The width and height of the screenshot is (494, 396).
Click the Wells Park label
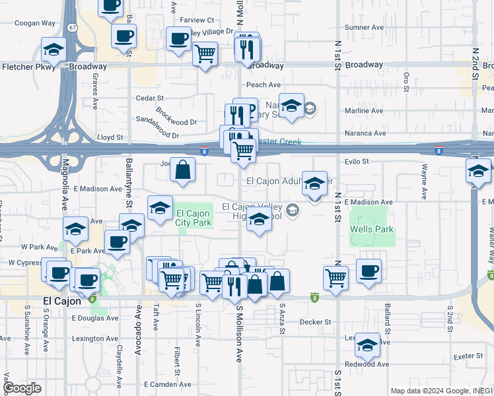click(372, 229)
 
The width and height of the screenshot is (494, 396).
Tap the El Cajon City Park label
click(194, 218)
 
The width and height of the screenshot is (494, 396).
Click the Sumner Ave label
click(364, 27)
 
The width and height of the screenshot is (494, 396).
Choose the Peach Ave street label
click(264, 84)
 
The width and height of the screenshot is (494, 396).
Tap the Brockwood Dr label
click(176, 114)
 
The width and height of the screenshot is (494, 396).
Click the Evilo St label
click(355, 161)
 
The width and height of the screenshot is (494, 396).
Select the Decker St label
click(314, 322)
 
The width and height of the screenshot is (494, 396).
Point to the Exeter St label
click(469, 356)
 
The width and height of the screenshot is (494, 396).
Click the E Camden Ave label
click(168, 384)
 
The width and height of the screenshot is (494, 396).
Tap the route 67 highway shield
click(72, 28)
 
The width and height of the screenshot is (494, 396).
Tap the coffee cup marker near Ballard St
click(369, 270)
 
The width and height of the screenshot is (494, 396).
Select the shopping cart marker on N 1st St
click(335, 277)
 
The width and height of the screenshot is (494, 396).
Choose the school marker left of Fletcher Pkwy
click(53, 49)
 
